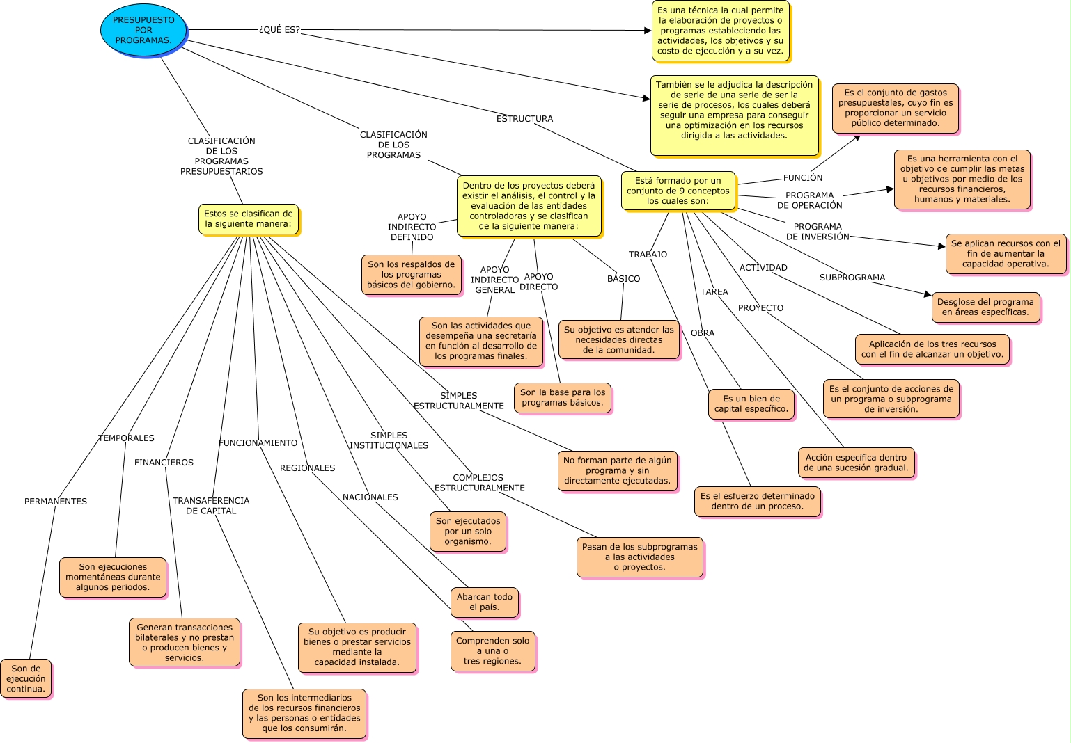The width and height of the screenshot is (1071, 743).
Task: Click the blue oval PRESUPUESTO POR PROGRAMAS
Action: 143,30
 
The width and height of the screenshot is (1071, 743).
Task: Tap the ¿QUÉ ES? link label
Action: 279,30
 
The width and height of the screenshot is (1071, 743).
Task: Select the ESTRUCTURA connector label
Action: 524,118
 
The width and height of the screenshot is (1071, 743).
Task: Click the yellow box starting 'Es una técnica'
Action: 720,31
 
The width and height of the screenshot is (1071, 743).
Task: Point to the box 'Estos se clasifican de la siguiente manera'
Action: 248,219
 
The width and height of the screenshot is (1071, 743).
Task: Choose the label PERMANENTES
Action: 56,501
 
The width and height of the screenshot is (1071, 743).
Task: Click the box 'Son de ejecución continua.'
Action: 26,678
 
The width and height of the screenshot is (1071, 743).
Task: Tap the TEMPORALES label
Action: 126,438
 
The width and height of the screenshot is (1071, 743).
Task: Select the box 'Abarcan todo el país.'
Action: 485,602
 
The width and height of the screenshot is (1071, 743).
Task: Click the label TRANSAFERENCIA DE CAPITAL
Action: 211,506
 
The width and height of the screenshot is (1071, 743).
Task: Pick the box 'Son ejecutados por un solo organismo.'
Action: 468,532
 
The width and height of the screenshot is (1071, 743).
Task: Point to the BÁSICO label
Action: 623,278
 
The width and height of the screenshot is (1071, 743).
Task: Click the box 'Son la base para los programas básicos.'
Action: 562,397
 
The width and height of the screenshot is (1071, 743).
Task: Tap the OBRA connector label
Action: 703,333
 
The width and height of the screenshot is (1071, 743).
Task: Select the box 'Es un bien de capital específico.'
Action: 751,404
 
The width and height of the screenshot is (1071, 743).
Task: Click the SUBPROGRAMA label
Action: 852,278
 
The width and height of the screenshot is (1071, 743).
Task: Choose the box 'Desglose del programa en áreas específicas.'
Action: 985,307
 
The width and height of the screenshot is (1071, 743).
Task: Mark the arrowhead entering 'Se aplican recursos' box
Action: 942,246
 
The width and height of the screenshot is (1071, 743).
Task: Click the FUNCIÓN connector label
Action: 803,177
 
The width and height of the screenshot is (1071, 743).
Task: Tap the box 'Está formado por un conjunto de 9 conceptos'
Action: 678,191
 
